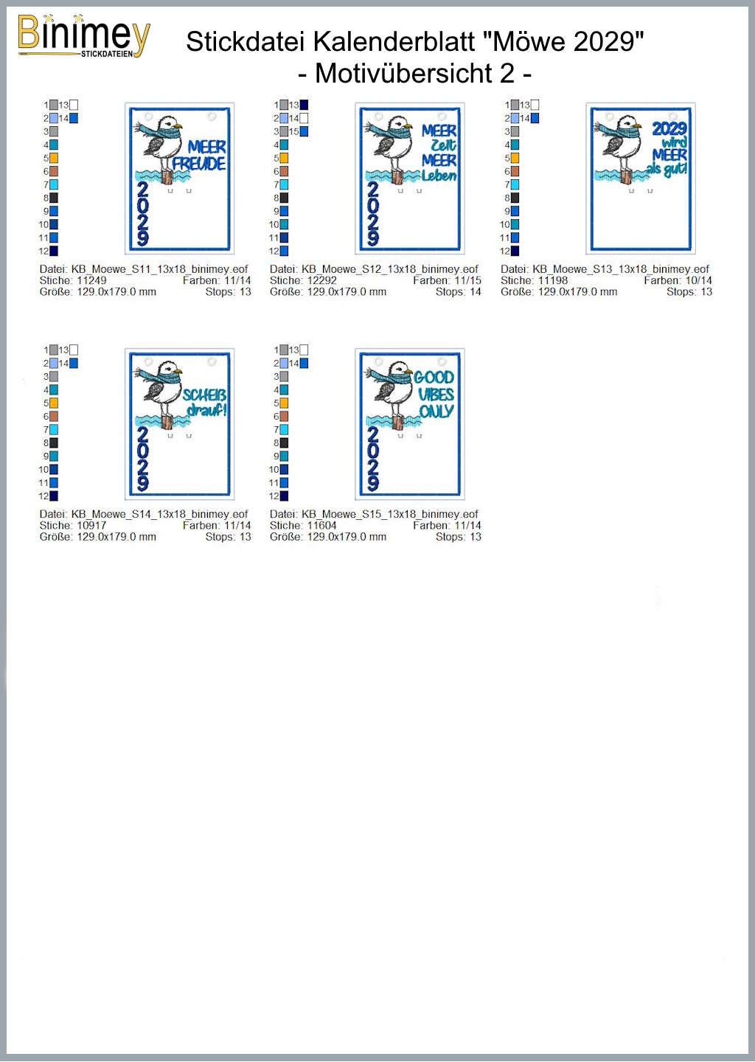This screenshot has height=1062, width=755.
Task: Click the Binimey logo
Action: pyautogui.click(x=84, y=37)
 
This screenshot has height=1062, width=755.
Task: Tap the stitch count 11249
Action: pyautogui.click(x=91, y=280)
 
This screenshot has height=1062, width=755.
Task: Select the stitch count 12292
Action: pyautogui.click(x=321, y=280)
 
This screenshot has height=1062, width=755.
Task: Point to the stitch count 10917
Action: pyautogui.click(x=91, y=525)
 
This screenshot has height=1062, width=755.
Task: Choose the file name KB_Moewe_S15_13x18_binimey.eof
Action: pyautogui.click(x=390, y=514)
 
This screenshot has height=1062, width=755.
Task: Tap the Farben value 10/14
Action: pyautogui.click(x=699, y=280)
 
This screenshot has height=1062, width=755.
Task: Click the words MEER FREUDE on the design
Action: pyautogui.click(x=199, y=156)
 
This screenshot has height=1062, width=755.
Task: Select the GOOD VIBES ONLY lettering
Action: pyautogui.click(x=434, y=395)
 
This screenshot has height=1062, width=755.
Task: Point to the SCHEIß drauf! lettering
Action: pyautogui.click(x=205, y=403)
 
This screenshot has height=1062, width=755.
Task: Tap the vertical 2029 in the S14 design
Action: pyautogui.click(x=142, y=459)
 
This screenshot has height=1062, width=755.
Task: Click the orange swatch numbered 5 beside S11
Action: pyautogui.click(x=54, y=158)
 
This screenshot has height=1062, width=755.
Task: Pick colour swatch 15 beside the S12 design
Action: pyautogui.click(x=304, y=131)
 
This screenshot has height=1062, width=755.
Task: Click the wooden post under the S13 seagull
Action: pyautogui.click(x=626, y=176)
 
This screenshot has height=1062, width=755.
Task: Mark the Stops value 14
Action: pyautogui.click(x=476, y=291)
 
